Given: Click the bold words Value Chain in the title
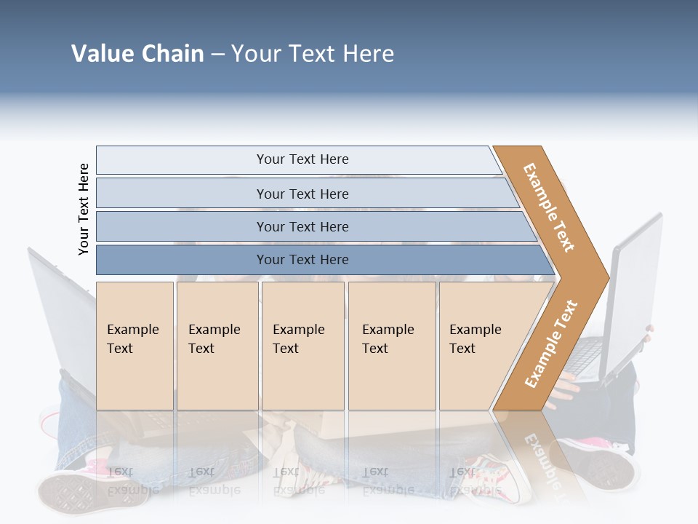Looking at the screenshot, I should coord(137,53).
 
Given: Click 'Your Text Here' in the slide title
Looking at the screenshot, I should coord(313,53).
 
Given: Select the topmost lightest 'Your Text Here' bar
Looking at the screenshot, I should coord(302,159).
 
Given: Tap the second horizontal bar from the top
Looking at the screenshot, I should coord(302,194).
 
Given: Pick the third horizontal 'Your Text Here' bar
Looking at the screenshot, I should coord(302,226).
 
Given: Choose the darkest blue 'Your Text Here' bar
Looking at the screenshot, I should coord(302,260).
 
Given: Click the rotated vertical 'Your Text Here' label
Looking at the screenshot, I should coord(84,209).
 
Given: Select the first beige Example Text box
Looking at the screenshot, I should coord(135,346).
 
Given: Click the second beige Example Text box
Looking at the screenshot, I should coord(217,346).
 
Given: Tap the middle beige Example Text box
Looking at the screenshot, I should coord(302,346).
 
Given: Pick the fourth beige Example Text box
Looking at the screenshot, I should coord(391,346).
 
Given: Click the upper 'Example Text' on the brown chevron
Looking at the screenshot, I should coord(549,207).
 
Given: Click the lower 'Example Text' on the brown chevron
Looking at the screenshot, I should coord(551,344).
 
